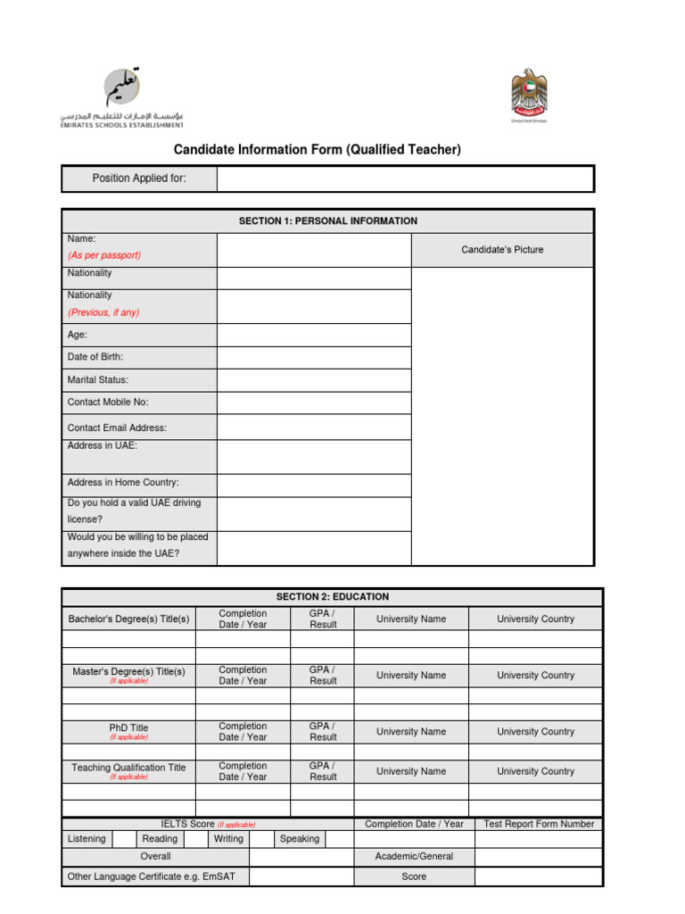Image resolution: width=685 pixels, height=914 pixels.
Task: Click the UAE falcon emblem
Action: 529,95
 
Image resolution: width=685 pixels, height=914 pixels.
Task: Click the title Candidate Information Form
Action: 317,150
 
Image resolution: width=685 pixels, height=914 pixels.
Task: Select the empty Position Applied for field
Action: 405,179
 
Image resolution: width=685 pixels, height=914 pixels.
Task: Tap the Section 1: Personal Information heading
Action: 327,220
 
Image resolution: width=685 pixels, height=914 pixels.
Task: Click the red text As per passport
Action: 104,255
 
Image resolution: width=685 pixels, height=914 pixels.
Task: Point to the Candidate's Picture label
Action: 501,250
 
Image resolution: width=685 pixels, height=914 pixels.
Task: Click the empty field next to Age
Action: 313,335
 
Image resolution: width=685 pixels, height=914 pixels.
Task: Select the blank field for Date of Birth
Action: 313,357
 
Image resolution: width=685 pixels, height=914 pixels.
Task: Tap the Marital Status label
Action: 98,380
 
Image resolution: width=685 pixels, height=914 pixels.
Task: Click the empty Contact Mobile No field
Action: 313,403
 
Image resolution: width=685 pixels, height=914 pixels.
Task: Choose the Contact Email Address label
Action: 117,428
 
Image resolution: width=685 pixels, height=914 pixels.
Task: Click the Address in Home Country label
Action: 123,483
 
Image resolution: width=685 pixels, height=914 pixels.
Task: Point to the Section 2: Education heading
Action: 332,597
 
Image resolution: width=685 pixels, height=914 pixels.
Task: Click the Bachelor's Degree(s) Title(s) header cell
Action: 128,619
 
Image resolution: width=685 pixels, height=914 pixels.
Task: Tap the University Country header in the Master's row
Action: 535,676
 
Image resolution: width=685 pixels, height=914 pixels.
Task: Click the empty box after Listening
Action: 123,839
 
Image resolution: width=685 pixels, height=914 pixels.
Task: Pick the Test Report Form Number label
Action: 538,825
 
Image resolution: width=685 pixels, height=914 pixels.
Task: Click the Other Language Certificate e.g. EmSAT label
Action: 152,877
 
